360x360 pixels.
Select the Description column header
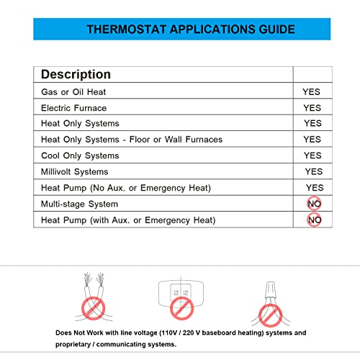click(76, 74)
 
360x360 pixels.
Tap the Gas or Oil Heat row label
click(73, 92)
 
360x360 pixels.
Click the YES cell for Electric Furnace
click(312, 108)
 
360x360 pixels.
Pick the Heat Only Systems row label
click(80, 124)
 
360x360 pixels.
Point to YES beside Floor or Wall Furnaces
click(312, 140)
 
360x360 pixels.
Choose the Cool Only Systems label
click(80, 156)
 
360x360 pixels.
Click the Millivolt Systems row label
click(75, 171)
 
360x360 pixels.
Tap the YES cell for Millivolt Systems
click(313, 171)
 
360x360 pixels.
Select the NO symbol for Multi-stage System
click(314, 204)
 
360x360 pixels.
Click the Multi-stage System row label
click(78, 204)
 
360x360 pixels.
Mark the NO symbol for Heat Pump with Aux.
click(314, 220)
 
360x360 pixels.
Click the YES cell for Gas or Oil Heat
click(312, 92)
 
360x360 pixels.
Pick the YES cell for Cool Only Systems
click(312, 156)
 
